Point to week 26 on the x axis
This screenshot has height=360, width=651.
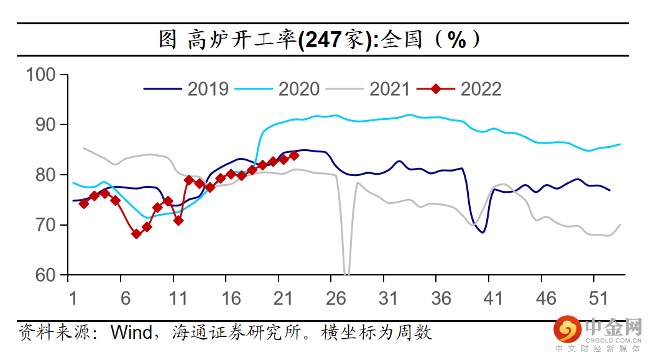pyautogui.click(x=336, y=299)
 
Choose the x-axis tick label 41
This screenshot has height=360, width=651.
pyautogui.click(x=494, y=299)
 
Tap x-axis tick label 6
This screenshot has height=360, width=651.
pyautogui.click(x=126, y=299)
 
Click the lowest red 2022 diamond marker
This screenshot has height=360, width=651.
pyautogui.click(x=136, y=234)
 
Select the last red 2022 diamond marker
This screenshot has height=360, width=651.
pyautogui.click(x=294, y=155)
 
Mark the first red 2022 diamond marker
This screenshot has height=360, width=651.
pyautogui.click(x=84, y=203)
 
